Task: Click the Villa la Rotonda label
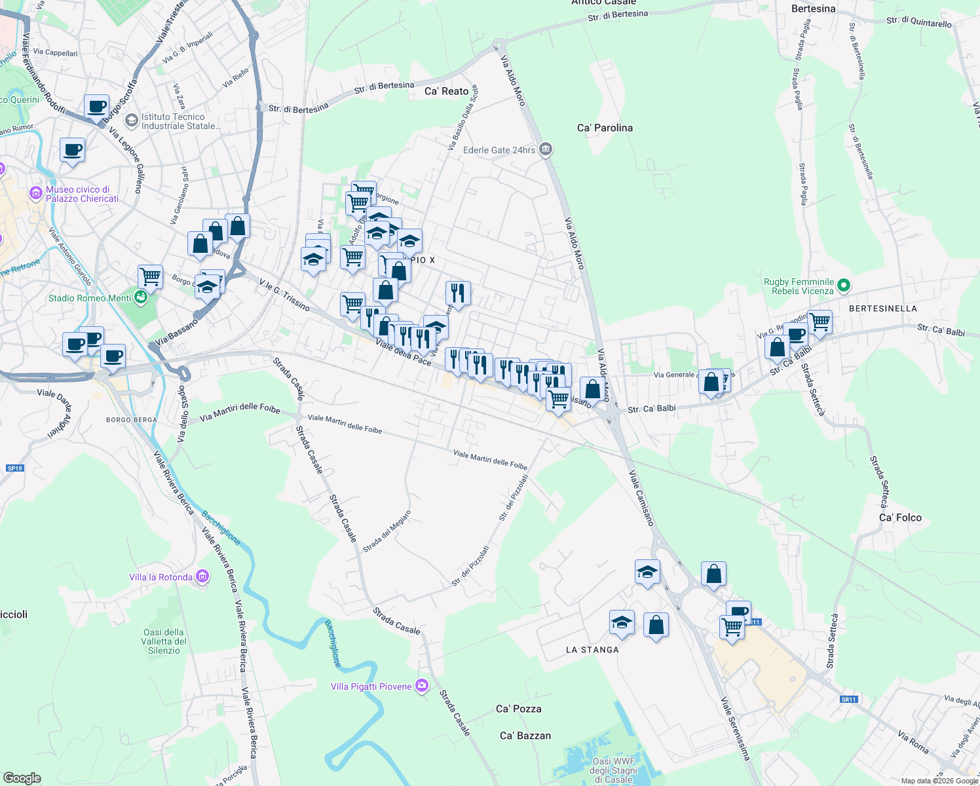point(160,577)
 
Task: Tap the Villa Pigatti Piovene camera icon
point(422,686)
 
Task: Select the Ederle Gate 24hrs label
point(500,150)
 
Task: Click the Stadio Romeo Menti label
point(90,298)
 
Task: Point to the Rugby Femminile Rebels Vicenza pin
point(844,286)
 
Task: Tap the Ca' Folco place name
point(900,517)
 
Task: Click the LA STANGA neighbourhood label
point(592,650)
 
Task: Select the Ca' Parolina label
point(605,128)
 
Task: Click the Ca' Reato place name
point(446,91)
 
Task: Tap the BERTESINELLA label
point(882,309)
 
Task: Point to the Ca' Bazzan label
point(525,736)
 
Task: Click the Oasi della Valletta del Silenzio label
point(164,641)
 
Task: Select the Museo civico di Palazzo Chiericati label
point(82,194)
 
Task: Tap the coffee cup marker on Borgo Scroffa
point(96,106)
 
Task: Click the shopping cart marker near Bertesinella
point(820,322)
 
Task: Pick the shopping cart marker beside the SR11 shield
point(732,627)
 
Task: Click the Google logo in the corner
point(22,777)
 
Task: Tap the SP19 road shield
point(14,468)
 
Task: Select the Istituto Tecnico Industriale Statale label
point(180,121)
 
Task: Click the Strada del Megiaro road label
point(387,531)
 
